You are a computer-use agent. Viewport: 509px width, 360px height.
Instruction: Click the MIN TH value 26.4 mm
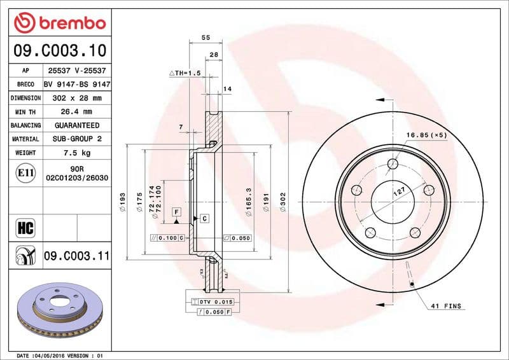76,112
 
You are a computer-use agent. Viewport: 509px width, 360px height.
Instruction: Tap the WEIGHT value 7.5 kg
76,153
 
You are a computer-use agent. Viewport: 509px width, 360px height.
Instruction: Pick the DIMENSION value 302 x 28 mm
76,99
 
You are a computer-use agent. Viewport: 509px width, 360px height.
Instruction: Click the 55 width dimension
206,38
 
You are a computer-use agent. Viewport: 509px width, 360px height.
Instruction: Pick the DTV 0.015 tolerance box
213,301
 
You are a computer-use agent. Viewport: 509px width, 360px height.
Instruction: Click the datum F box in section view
176,211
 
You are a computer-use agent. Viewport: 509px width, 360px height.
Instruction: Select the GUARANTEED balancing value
76,125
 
